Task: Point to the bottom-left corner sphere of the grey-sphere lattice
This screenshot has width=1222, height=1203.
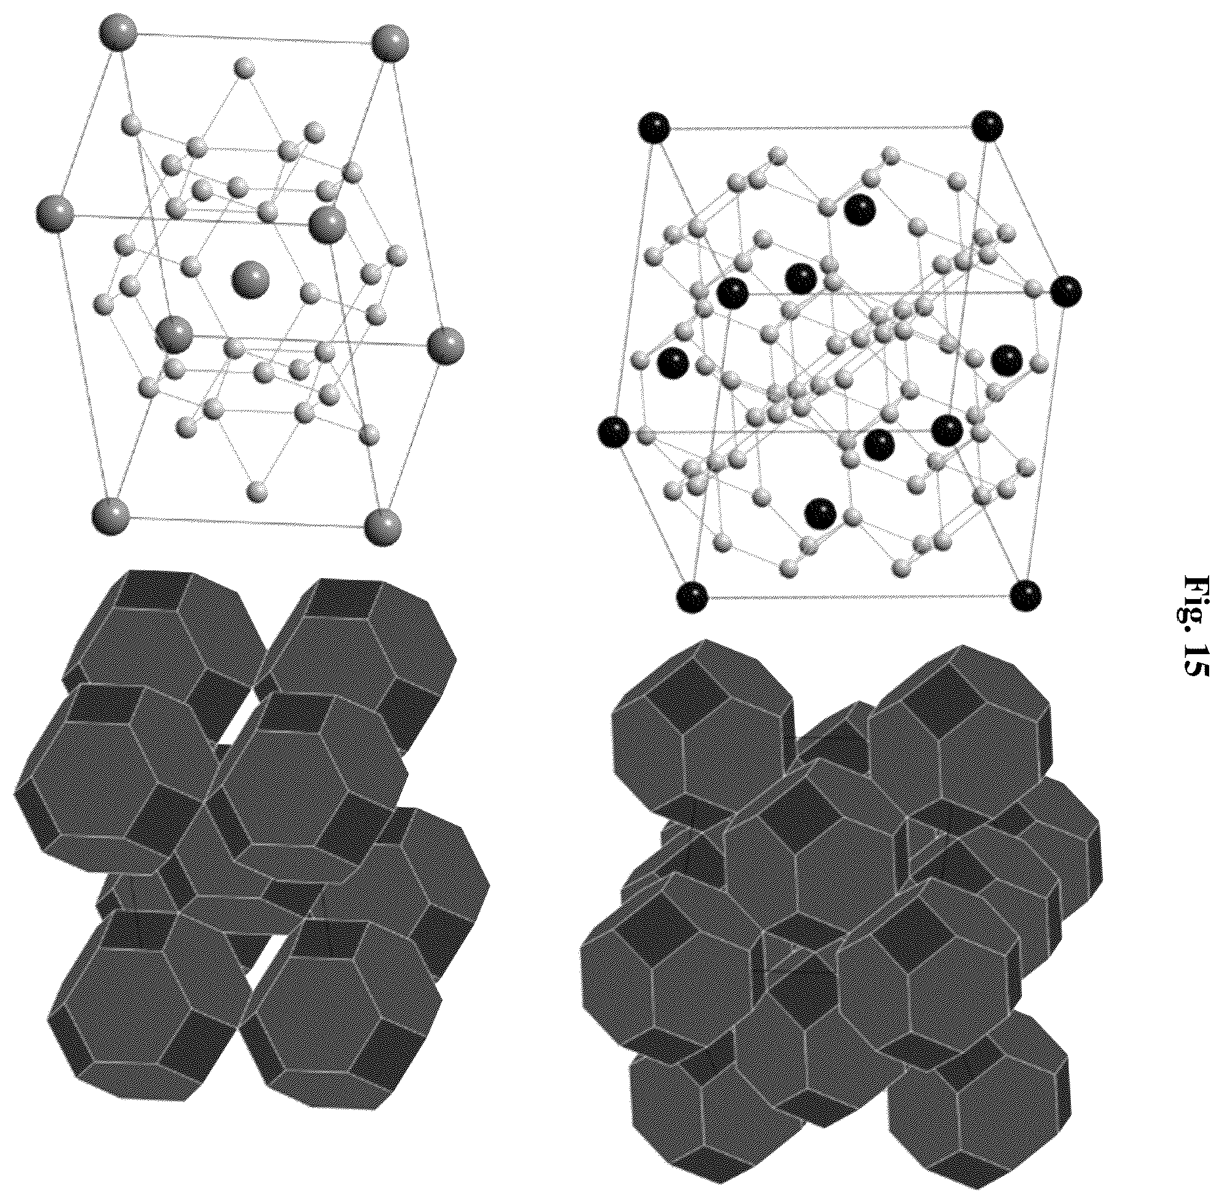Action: [111, 516]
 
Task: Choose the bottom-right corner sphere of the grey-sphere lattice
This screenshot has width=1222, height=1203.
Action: [383, 525]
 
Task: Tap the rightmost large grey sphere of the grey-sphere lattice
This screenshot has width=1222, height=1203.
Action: [445, 346]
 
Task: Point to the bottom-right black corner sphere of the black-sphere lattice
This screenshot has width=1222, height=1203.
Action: [1025, 595]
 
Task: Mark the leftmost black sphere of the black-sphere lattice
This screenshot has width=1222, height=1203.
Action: [614, 432]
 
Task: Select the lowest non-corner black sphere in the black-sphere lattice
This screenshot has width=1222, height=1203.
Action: [821, 513]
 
